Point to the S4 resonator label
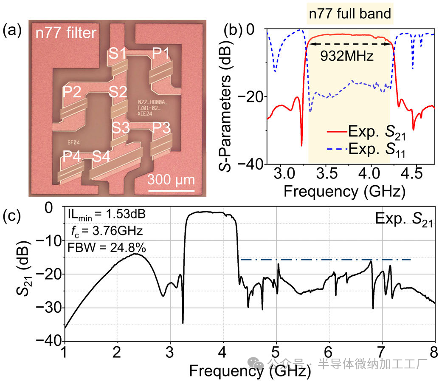click(x=102, y=156)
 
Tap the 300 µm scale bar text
click(x=172, y=179)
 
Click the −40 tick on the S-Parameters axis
click(x=252, y=164)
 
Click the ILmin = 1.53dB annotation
click(x=107, y=215)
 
